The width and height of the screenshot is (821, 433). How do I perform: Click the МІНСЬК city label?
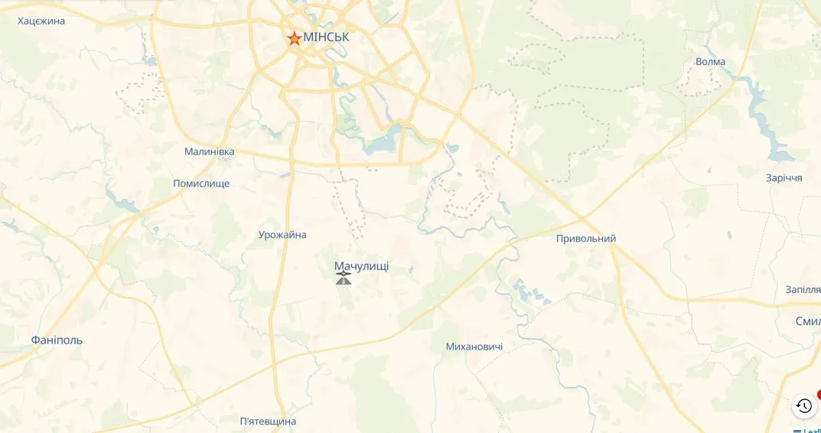tap(326, 37)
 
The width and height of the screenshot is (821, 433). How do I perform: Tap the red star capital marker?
tap(294, 37)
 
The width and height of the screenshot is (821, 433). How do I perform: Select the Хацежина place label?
tap(41, 21)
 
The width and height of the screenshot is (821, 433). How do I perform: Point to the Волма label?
tap(710, 62)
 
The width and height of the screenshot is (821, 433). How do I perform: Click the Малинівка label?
tap(209, 151)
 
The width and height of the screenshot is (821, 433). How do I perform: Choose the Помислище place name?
tap(201, 184)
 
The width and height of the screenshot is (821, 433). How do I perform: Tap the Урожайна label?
tap(282, 235)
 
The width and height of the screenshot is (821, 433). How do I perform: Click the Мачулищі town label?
tap(361, 266)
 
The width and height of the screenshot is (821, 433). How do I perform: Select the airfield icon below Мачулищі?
tap(344, 278)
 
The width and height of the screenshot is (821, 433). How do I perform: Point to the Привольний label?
tap(586, 239)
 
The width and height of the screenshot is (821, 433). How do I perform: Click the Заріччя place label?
tap(784, 177)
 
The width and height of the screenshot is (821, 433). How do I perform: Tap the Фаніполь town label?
tap(57, 340)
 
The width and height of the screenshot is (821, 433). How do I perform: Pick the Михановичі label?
tap(474, 347)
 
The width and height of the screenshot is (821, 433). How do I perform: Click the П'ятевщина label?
tap(268, 422)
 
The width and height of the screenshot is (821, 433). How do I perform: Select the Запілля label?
tap(803, 289)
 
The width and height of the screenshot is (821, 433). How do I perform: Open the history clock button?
tap(803, 405)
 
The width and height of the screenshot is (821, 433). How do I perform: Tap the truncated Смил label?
tap(808, 321)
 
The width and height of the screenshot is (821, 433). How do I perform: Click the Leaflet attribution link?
tap(813, 431)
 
